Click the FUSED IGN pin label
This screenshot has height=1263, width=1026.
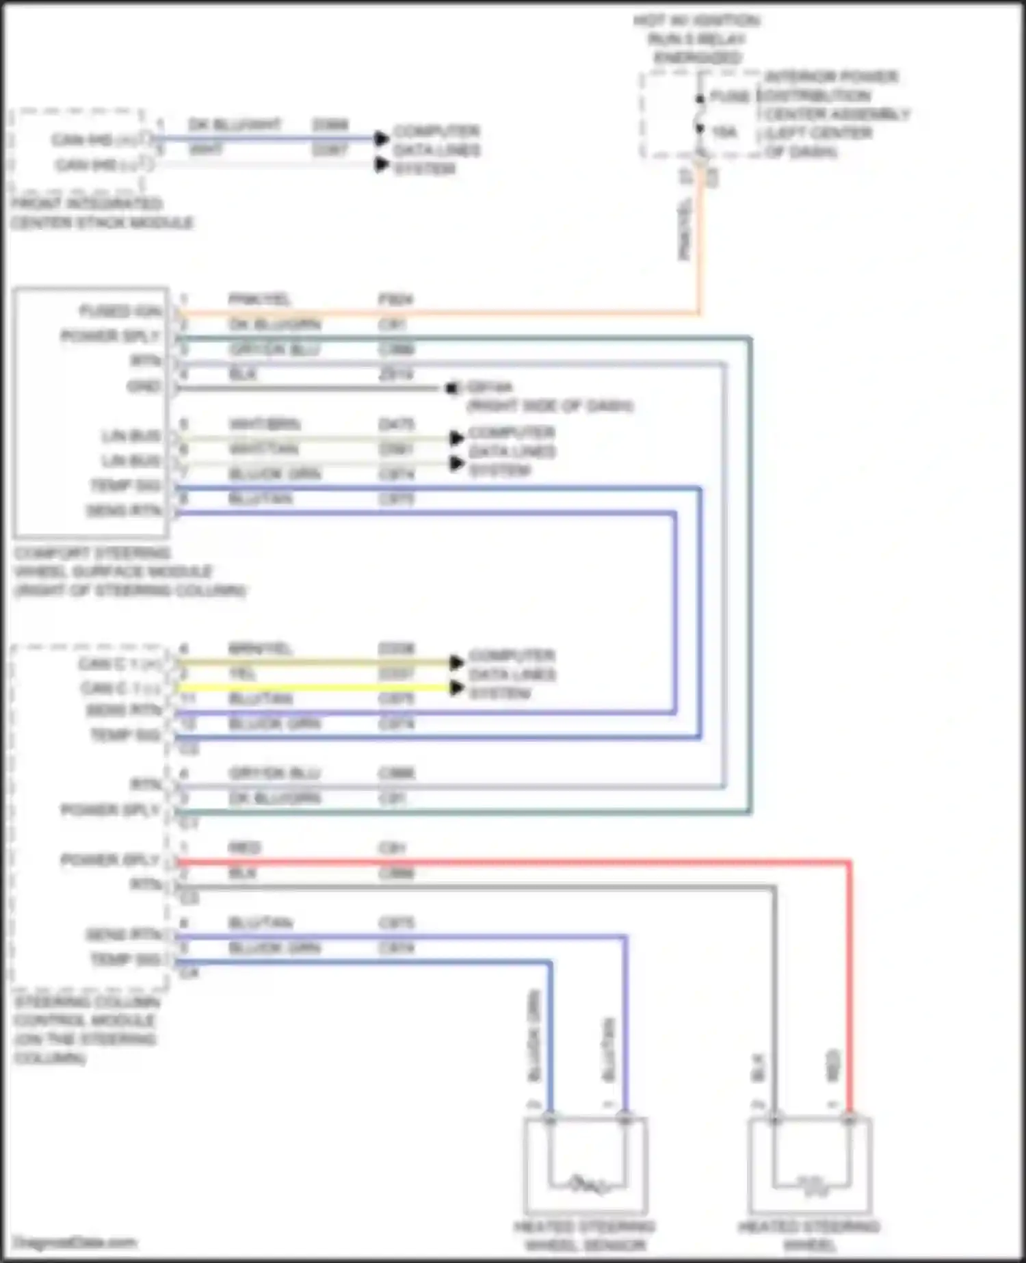[x=120, y=311]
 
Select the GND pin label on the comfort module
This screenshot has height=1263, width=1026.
[x=144, y=386]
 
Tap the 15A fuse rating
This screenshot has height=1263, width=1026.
[x=724, y=132]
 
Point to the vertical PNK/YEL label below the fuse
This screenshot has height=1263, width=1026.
[x=685, y=229]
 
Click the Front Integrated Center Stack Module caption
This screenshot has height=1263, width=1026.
[x=102, y=213]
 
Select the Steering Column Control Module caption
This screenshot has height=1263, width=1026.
[x=86, y=1030]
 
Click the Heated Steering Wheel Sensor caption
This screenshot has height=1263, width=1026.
[x=585, y=1235]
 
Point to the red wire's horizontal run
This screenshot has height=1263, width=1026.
[x=513, y=862]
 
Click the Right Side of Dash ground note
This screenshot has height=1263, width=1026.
[x=549, y=406]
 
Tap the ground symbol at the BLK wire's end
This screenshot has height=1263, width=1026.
[x=452, y=389]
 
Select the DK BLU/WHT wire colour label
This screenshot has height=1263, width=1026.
[x=235, y=125]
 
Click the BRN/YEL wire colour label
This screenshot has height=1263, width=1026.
[x=260, y=648]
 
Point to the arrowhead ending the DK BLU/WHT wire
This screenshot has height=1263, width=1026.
[x=382, y=139]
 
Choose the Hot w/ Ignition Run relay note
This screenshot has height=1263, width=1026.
[x=697, y=39]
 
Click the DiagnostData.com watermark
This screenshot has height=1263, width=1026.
[x=75, y=1242]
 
